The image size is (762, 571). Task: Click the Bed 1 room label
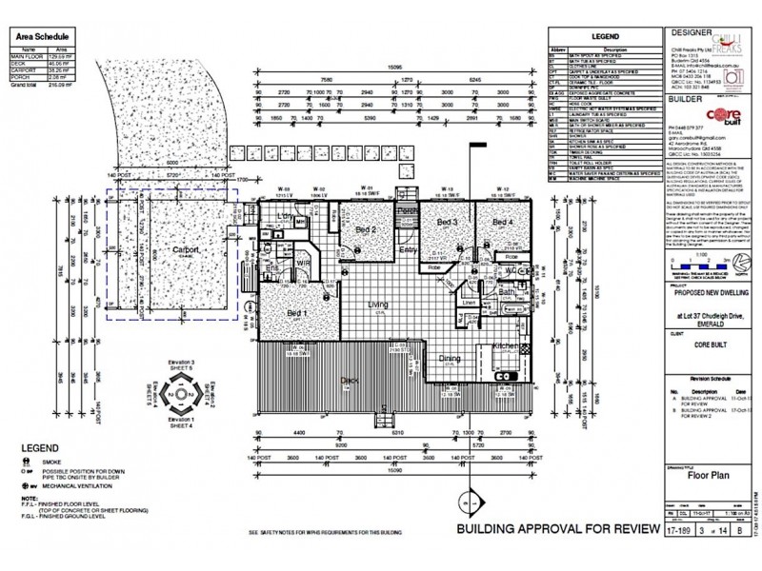[297, 313]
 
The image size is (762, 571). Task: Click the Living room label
[378, 304]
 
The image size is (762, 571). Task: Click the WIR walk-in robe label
[304, 261]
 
